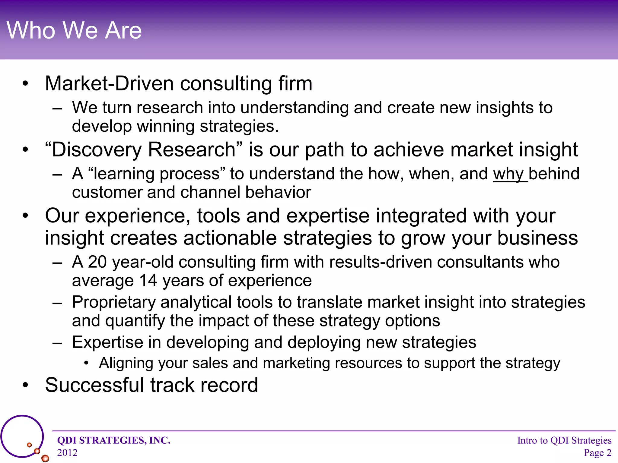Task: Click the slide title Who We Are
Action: [x=74, y=30]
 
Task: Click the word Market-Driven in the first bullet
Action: [x=109, y=83]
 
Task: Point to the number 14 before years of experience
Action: [x=148, y=281]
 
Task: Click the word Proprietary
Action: [x=113, y=302]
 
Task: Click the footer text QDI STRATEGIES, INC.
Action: [x=114, y=440]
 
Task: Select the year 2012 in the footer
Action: [x=67, y=452]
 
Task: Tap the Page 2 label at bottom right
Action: [x=597, y=452]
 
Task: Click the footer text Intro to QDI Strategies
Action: [x=564, y=440]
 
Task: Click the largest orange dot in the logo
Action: [x=45, y=458]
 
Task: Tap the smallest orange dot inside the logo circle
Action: [x=29, y=445]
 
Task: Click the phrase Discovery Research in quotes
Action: [x=143, y=150]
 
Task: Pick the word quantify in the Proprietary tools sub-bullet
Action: [x=135, y=321]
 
